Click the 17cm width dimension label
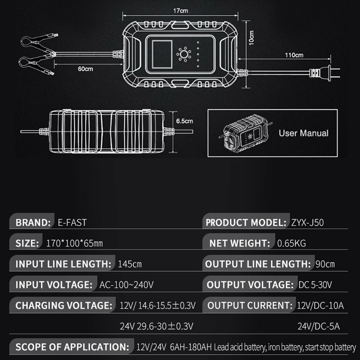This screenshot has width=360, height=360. click(x=181, y=11)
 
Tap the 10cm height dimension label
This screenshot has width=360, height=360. click(x=252, y=38)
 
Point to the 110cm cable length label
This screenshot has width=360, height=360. click(x=294, y=55)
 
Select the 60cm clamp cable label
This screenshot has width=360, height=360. click(x=85, y=69)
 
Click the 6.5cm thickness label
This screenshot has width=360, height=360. click(x=184, y=121)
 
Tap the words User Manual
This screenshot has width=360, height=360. click(x=304, y=133)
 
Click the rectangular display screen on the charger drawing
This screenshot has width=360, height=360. click(x=162, y=54)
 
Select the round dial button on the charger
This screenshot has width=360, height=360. click(x=184, y=54)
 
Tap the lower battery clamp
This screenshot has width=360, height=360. click(x=37, y=65)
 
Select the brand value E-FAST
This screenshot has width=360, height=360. click(x=72, y=223)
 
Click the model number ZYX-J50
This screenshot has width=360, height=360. click(x=307, y=223)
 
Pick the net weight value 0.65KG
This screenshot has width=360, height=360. click(x=291, y=243)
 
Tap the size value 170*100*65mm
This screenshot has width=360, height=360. click(x=74, y=243)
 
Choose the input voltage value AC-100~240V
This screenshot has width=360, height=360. click(x=126, y=285)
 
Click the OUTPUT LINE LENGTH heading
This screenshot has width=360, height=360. click(x=258, y=264)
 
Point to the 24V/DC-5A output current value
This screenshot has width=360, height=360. click(x=319, y=326)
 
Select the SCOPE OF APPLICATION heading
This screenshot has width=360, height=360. click(x=72, y=347)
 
